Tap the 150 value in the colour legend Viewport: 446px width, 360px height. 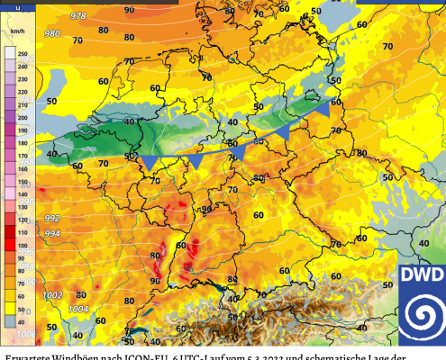click(22, 168)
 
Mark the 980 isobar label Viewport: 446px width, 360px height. click(51, 33)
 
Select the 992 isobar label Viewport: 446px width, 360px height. click(53, 218)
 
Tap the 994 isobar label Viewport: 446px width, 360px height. click(53, 234)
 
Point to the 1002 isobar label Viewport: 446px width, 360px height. click(52, 295)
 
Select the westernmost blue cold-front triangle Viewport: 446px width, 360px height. click(149, 162)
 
